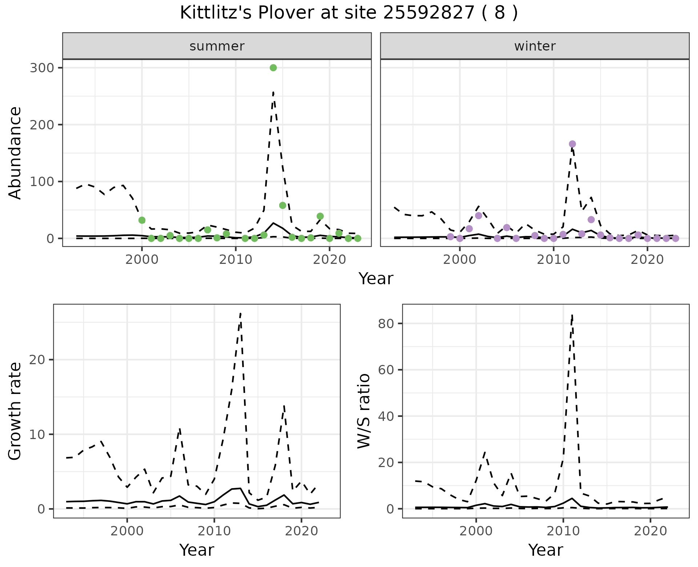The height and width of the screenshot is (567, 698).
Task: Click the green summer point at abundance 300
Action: point(273,68)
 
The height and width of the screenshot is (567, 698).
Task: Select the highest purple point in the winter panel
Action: point(572,144)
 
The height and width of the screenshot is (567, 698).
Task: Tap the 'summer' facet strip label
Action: point(217,46)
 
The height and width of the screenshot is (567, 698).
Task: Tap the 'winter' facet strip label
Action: point(535,46)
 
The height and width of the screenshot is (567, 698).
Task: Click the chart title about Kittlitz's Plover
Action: point(349,13)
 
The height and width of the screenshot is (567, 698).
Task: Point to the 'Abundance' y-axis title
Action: point(15,153)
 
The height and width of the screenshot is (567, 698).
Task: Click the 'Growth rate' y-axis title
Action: point(15,411)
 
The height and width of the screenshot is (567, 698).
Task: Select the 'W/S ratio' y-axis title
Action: point(364,411)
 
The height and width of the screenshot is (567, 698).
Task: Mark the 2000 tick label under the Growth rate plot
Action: point(127,531)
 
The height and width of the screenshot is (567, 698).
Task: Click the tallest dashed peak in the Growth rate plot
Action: point(241,313)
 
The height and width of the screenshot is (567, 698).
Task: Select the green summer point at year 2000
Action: point(142,220)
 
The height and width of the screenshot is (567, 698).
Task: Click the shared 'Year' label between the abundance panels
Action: point(376,279)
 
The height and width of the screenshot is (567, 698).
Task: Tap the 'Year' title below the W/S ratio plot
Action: point(546,550)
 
